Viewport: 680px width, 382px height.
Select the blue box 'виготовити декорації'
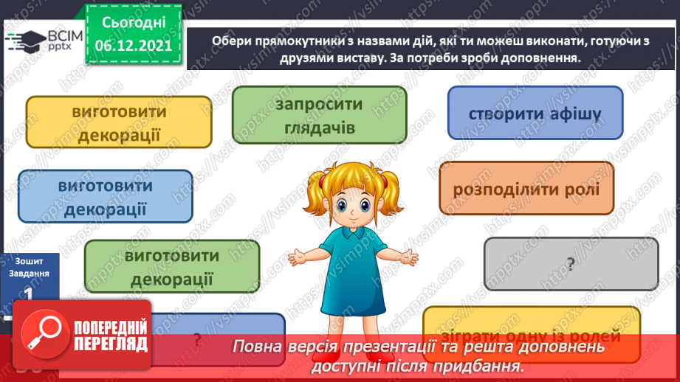point(106,196)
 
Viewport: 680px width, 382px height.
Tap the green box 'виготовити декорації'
point(172,266)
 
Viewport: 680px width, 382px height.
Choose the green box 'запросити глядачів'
point(319,115)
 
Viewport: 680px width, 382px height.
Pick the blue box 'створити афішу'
point(535,114)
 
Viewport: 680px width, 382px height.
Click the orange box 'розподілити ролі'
point(526,189)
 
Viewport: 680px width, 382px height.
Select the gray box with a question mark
point(571,263)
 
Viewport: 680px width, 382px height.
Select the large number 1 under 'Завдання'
point(27,294)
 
